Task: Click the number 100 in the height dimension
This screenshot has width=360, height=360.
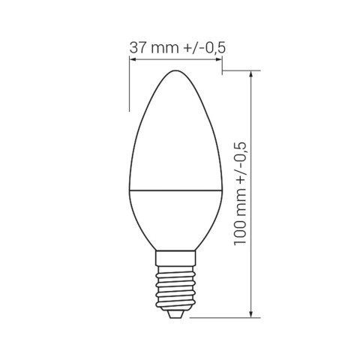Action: (241, 228)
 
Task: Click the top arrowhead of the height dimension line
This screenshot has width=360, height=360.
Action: (253, 75)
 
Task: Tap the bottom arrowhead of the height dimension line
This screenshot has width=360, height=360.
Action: (253, 313)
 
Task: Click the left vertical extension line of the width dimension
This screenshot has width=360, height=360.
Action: (129, 82)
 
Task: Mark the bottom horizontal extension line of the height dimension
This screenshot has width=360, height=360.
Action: (225, 316)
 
